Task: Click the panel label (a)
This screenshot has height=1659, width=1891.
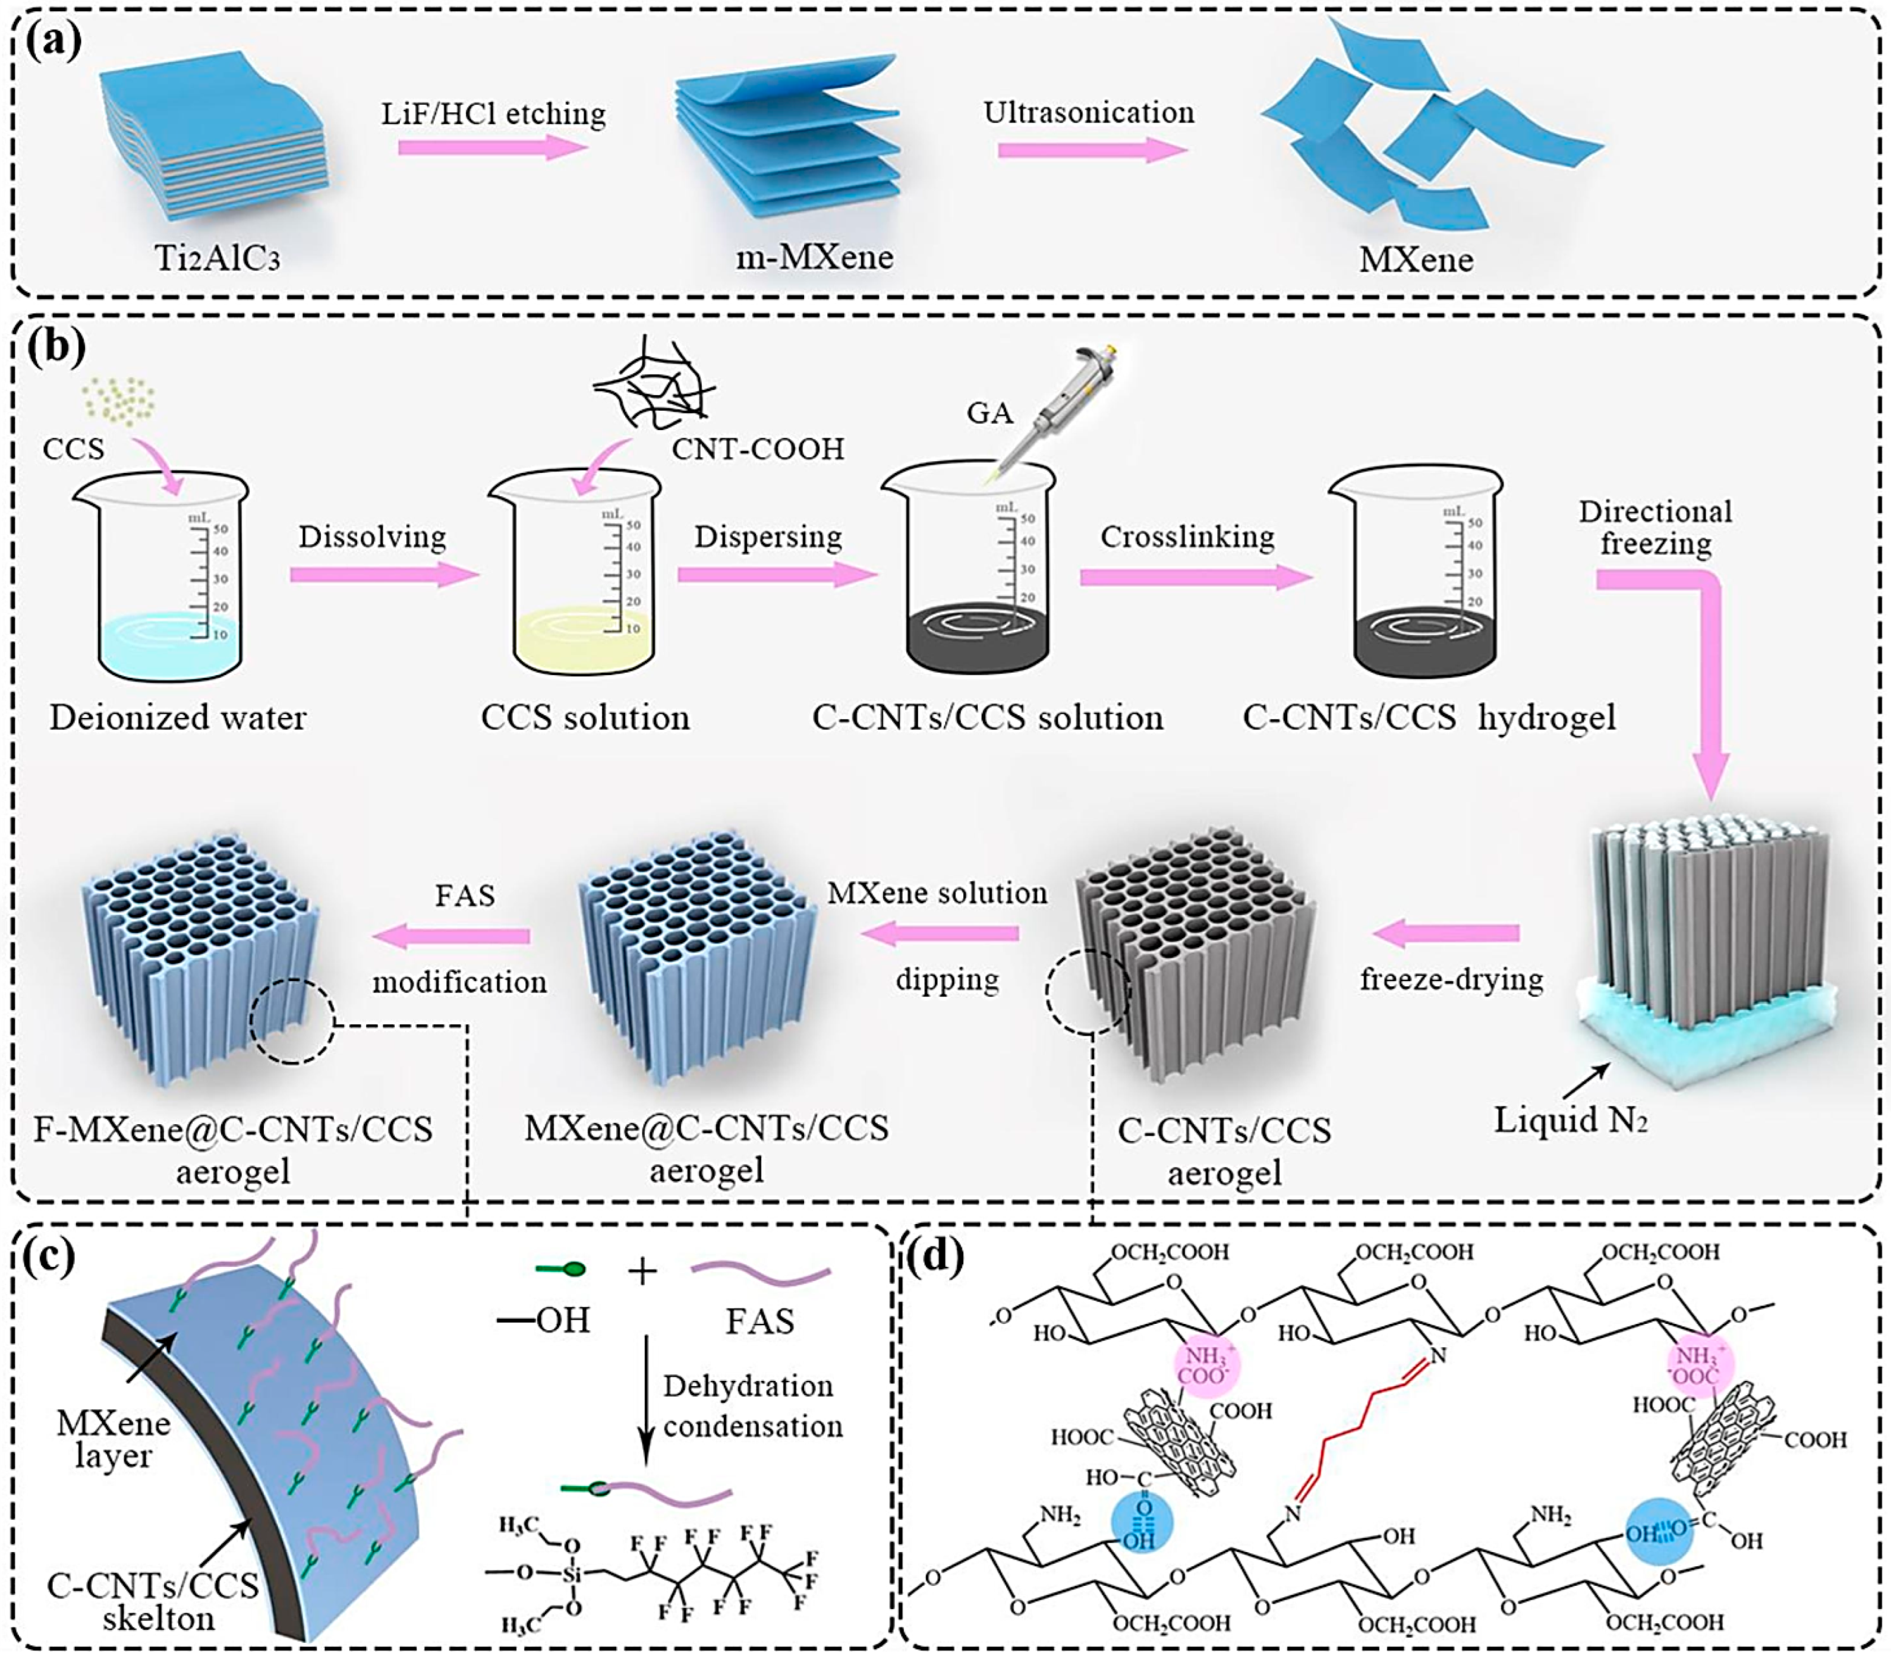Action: (x=53, y=42)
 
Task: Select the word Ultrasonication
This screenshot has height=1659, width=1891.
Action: (x=1088, y=113)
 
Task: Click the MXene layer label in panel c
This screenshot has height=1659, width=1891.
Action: (x=113, y=1438)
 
